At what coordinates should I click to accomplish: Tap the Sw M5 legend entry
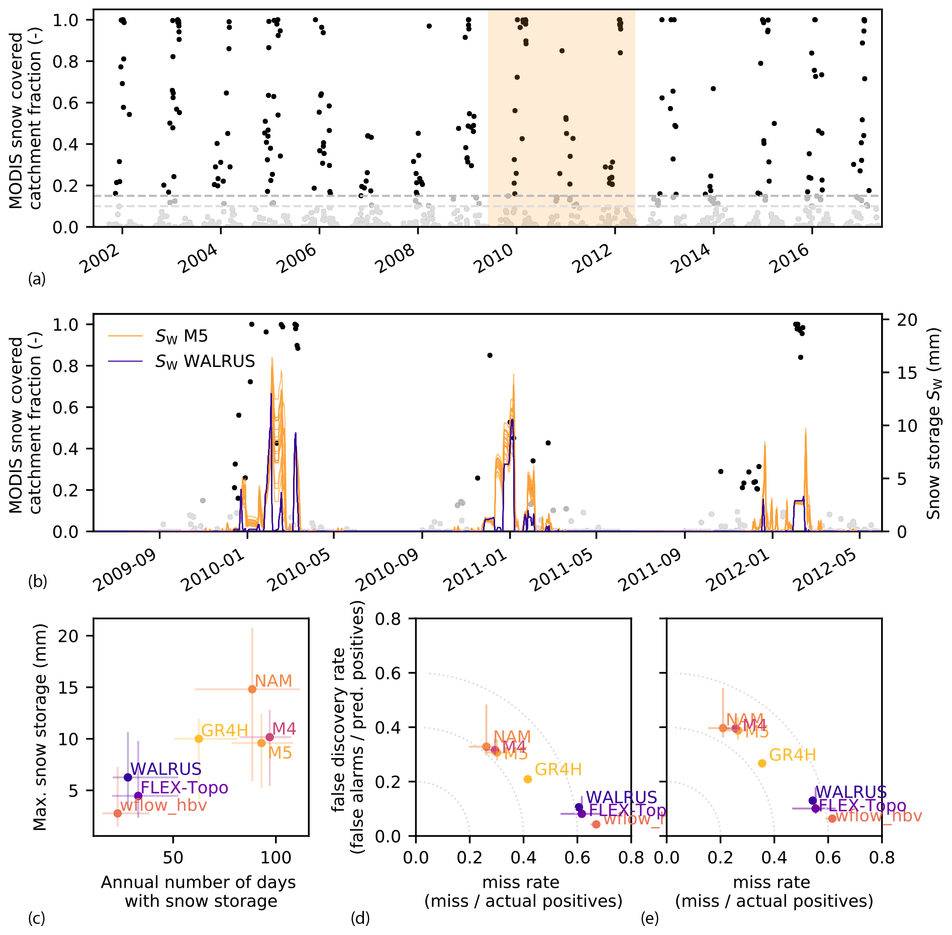point(181,336)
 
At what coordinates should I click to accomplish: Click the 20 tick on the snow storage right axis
point(907,320)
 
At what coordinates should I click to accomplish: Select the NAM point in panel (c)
point(252,689)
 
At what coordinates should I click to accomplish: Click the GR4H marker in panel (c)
point(199,739)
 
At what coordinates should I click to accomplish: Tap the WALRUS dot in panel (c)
point(128,777)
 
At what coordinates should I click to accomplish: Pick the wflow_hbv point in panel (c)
point(118,813)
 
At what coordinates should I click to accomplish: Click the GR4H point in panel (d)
point(528,779)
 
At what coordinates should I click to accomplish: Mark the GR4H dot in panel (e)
point(762,764)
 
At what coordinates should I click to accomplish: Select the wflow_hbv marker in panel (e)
point(832,819)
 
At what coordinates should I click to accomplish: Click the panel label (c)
point(37,918)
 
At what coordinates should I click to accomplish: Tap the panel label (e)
point(650,918)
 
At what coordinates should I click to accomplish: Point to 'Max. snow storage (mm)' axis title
point(39,727)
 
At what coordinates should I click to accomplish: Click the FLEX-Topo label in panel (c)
point(184,788)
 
